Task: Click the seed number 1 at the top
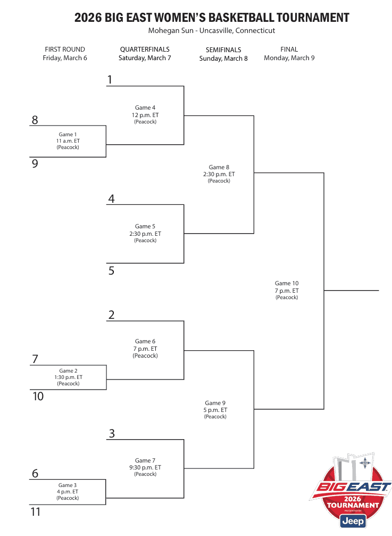click(x=110, y=80)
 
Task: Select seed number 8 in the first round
click(x=35, y=120)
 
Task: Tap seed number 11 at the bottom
click(x=36, y=512)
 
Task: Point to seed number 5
click(x=111, y=270)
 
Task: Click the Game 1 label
click(x=68, y=135)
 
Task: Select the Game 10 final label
click(x=287, y=284)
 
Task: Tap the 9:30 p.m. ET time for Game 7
click(x=145, y=467)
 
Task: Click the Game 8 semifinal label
click(x=219, y=167)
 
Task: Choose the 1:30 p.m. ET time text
click(x=68, y=377)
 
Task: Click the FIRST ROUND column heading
click(x=65, y=50)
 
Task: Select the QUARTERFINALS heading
click(x=145, y=50)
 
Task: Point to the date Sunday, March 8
click(x=223, y=59)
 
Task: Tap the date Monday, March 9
click(x=289, y=58)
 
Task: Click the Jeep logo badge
click(x=352, y=521)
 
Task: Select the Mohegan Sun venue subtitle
click(x=212, y=31)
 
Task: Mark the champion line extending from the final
click(x=351, y=291)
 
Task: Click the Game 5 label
click(x=145, y=226)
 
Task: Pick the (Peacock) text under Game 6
click(x=145, y=356)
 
